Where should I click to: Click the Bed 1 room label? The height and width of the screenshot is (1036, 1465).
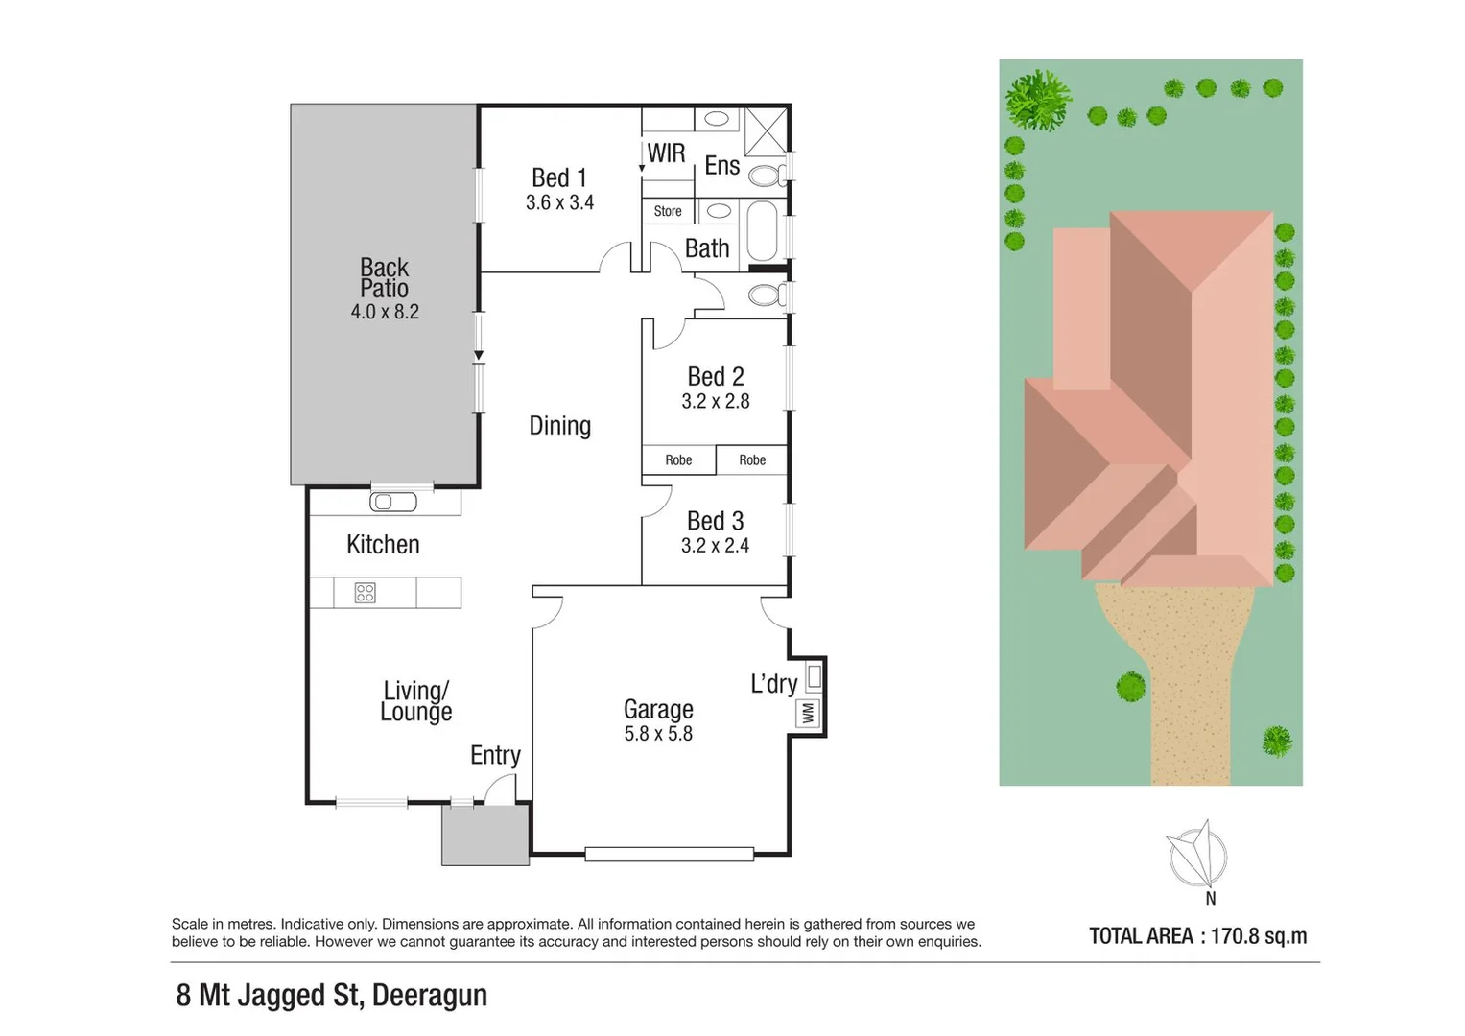pos(558,178)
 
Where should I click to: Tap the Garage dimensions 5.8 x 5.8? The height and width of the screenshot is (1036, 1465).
pos(658,734)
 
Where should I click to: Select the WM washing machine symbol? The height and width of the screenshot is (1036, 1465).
pos(808,713)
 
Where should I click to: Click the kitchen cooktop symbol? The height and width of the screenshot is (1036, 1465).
pos(365,593)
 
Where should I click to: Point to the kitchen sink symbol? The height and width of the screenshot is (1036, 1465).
pos(393,502)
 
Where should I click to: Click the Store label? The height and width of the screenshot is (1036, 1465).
pos(668,211)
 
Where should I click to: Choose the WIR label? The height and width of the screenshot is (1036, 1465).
pos(666,153)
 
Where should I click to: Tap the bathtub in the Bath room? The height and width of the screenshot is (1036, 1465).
pos(762,231)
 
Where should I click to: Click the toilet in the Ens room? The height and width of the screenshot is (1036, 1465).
pos(766,176)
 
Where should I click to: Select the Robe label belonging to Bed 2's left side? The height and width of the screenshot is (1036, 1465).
pos(678,460)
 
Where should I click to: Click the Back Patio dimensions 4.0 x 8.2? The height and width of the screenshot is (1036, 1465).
pos(385,312)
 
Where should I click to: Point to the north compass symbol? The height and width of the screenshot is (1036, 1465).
pos(1197,854)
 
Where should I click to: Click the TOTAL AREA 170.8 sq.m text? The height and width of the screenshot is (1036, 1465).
pos(1197,936)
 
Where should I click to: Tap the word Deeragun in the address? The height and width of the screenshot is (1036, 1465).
pos(429,996)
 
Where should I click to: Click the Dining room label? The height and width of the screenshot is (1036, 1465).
pos(559,426)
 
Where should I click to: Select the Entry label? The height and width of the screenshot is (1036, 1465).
pos(495,756)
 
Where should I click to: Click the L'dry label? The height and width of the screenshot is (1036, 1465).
pos(773,684)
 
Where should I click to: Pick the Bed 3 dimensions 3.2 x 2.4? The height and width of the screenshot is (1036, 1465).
pos(715,546)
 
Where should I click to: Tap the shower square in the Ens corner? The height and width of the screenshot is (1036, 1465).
pos(766,130)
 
